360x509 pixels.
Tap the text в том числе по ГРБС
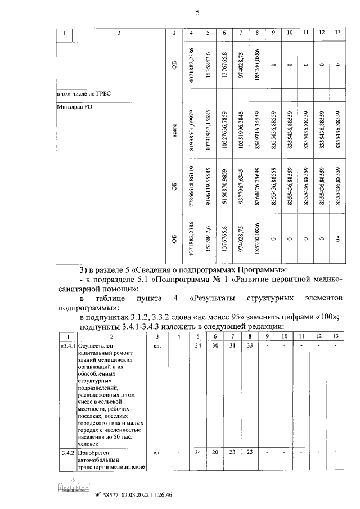click(x=84, y=93)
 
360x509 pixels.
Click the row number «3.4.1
click(x=67, y=346)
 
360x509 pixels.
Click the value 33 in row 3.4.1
click(x=249, y=345)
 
